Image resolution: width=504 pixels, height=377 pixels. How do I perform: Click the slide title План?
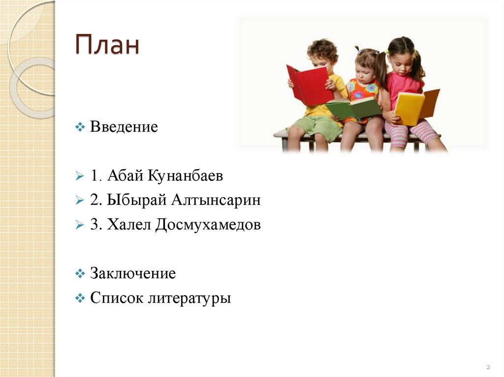[x=107, y=46]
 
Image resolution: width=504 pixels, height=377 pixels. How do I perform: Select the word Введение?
[x=124, y=127]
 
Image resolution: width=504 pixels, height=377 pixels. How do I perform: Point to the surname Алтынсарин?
[x=216, y=201]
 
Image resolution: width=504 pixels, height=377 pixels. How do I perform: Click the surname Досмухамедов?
[x=208, y=225]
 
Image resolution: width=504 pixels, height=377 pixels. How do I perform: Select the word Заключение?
[x=133, y=273]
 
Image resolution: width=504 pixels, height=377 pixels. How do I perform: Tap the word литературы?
[x=189, y=298]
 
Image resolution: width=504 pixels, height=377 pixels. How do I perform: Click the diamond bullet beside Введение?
[x=81, y=128]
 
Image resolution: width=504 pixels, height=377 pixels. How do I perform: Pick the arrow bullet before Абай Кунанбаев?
[x=81, y=176]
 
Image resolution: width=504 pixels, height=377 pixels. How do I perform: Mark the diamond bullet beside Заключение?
[x=81, y=274]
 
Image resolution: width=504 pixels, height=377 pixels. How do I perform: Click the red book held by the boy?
[x=309, y=86]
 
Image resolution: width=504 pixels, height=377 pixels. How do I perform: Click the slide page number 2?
[x=488, y=367]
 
